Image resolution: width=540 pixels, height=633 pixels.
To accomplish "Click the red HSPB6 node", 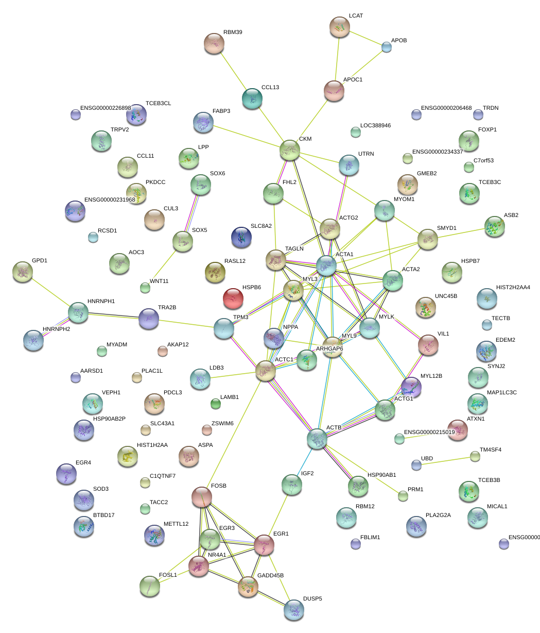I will pyautogui.click(x=233, y=298).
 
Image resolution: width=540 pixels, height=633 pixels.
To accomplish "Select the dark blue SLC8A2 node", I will pyautogui.click(x=241, y=237).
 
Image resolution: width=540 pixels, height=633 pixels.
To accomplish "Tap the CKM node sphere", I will pyautogui.click(x=290, y=150).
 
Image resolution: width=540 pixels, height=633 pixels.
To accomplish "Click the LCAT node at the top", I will pyautogui.click(x=340, y=27).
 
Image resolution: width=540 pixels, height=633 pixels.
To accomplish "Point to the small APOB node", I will pyautogui.click(x=386, y=47).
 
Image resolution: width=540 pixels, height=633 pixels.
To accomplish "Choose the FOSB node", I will pyautogui.click(x=202, y=496).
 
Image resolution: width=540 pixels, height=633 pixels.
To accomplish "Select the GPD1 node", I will pyautogui.click(x=23, y=272).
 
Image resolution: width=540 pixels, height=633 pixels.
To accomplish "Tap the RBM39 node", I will pyautogui.click(x=214, y=43).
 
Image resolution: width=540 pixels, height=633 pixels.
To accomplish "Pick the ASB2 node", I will pyautogui.click(x=495, y=226).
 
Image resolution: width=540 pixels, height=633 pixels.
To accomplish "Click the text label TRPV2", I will pyautogui.click(x=119, y=129).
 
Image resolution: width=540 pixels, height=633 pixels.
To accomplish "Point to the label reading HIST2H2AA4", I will pyautogui.click(x=513, y=287).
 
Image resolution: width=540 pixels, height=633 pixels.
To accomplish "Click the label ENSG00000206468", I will pyautogui.click(x=446, y=108).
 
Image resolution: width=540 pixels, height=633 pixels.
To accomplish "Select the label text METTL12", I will pyautogui.click(x=176, y=524).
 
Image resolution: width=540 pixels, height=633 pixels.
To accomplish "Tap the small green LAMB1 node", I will pyautogui.click(x=216, y=403).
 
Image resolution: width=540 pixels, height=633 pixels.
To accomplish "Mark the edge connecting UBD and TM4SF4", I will pyautogui.click(x=446, y=461).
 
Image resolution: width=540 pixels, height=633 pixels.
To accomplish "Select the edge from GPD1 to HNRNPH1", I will pyautogui.click(x=50, y=292).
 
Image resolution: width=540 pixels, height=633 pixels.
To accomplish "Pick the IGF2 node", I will pyautogui.click(x=292, y=485).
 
